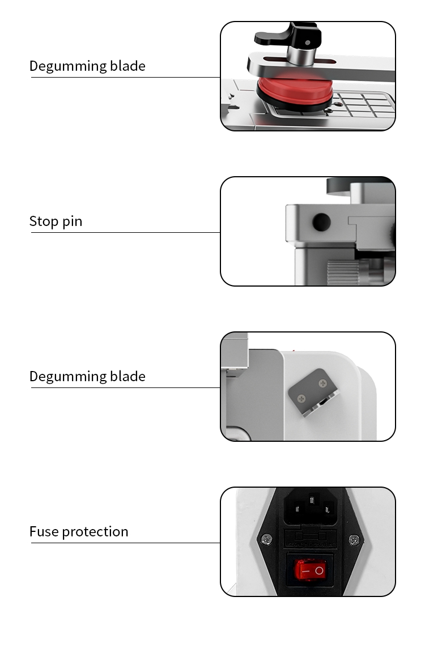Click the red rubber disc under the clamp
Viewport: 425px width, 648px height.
(293, 93)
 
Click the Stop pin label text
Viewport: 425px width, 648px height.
(56, 221)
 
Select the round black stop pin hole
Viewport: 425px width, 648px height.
(321, 221)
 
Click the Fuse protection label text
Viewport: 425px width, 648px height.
(79, 531)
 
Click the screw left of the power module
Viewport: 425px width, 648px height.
(265, 539)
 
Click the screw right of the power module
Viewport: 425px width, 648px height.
(354, 539)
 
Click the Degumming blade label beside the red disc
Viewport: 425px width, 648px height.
(87, 66)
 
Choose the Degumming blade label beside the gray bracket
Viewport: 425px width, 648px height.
(87, 376)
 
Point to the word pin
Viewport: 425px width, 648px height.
(72, 221)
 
